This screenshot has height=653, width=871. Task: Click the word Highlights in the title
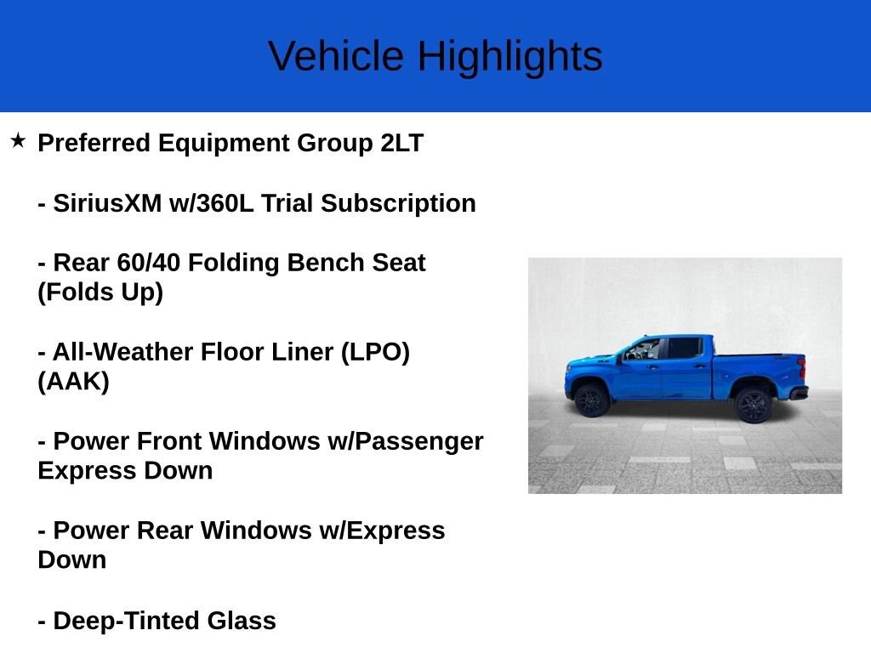point(510,57)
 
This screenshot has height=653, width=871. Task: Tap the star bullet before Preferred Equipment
point(19,141)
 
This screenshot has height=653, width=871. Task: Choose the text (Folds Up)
point(100,292)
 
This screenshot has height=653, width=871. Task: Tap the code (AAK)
point(73,382)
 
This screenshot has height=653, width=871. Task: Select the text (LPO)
point(375,352)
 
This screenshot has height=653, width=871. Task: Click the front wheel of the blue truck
point(591,400)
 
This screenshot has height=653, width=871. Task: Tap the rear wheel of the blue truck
point(753,404)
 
